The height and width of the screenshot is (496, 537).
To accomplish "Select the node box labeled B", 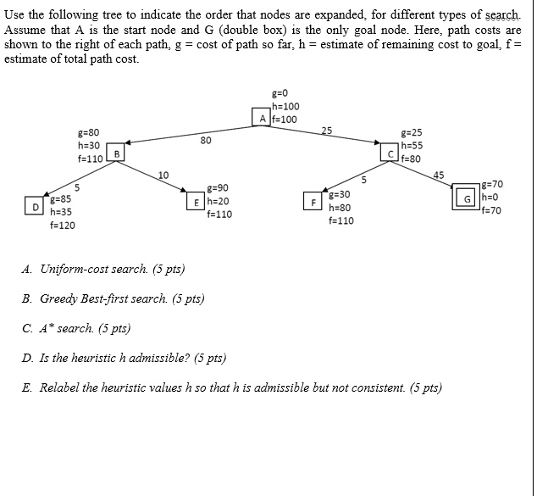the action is point(117,153).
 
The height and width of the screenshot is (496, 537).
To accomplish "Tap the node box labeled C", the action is point(391,153).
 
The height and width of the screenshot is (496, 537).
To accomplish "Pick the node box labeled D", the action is point(36,206).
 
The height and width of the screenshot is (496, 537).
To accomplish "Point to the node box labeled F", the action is point(314,203).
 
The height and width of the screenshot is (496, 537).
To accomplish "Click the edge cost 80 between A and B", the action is point(206,141).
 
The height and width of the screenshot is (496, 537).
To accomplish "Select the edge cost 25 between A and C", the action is point(327,130).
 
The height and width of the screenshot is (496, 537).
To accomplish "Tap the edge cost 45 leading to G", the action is point(438,175).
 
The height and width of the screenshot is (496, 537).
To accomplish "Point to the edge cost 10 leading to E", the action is point(163,175).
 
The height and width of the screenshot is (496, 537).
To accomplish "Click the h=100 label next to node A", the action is point(285,106).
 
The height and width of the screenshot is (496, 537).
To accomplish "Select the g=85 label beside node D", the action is point(60,198).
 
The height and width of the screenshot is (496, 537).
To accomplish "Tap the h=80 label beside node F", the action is point(340,208).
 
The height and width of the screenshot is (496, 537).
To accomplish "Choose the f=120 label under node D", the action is point(62,226).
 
